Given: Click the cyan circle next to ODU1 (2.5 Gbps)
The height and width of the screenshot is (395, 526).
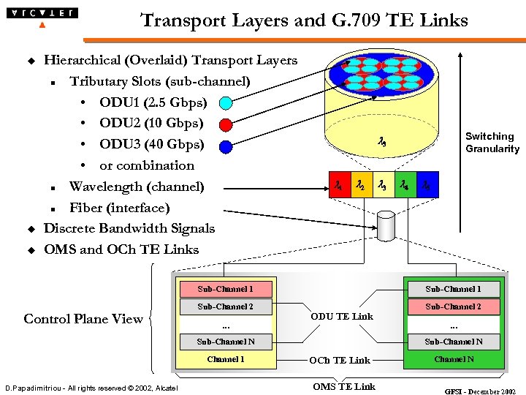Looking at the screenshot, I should (x=226, y=103).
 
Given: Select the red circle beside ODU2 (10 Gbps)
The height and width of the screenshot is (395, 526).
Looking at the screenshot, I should (x=226, y=124).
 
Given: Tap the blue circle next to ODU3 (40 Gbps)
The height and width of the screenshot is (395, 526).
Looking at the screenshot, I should (x=226, y=146).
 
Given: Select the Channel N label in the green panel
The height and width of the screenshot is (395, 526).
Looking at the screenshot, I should (x=453, y=359).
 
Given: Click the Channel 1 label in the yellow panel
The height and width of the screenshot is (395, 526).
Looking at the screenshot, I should (x=225, y=359).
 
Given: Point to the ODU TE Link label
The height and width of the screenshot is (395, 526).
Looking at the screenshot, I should (x=341, y=317).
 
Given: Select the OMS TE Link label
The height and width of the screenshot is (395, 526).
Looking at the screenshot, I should (x=343, y=386).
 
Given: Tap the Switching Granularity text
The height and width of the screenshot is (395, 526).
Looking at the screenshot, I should (x=492, y=143).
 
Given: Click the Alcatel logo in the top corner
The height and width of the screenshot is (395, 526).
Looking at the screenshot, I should (x=41, y=14).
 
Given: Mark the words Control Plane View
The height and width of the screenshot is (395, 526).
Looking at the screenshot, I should (x=83, y=319).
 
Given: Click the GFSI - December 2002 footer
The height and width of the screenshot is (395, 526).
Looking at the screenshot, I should (x=480, y=391).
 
